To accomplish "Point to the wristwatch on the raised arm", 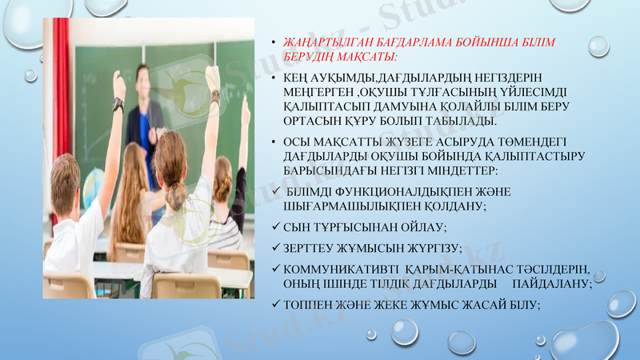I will coord(118,103).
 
